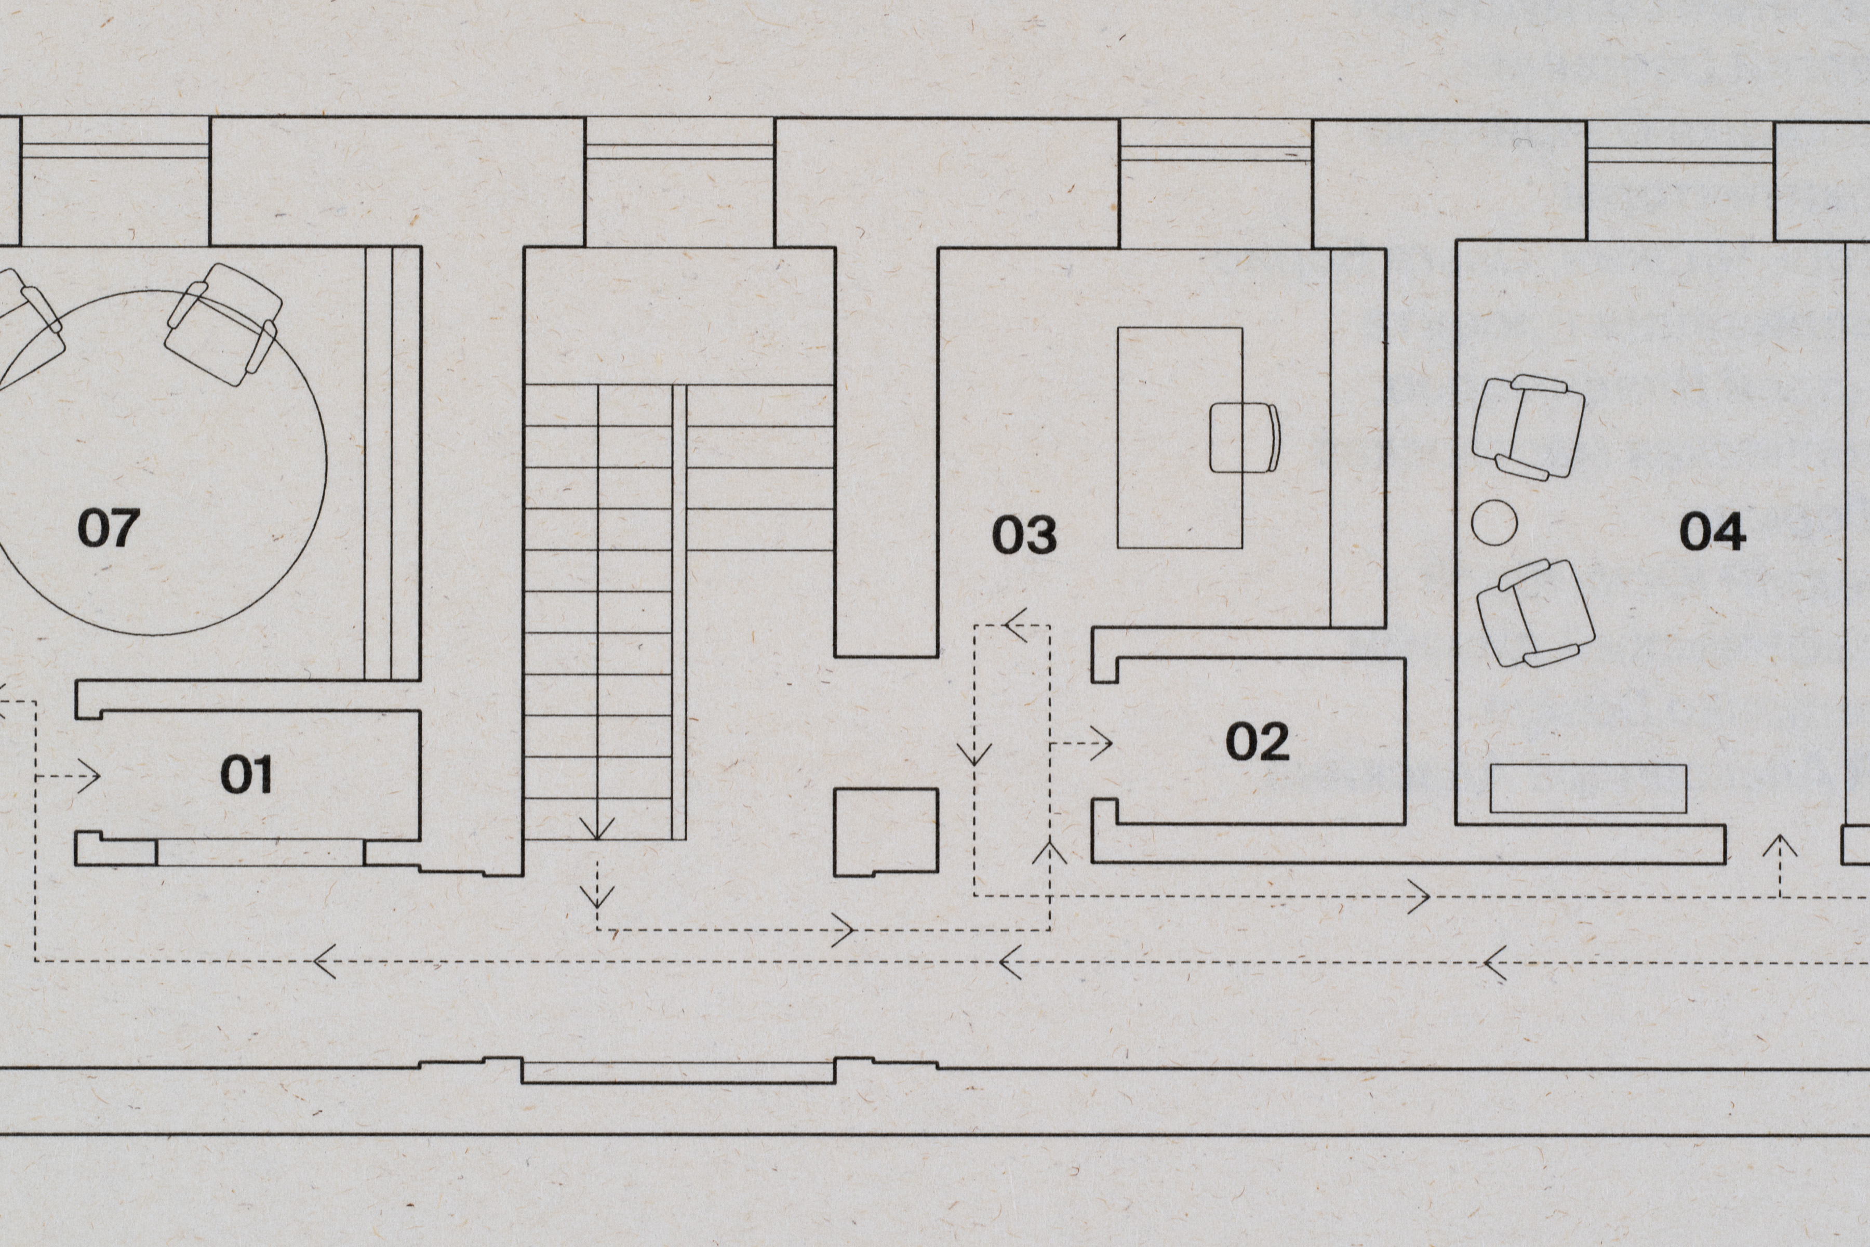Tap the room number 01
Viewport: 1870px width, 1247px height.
(246, 775)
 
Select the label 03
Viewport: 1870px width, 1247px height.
(1024, 535)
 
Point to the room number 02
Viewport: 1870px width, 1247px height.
(1257, 741)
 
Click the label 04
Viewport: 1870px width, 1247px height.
(1712, 531)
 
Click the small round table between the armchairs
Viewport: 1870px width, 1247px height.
(1494, 523)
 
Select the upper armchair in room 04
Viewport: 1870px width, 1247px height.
(1527, 427)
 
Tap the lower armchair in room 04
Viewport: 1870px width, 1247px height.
(1534, 613)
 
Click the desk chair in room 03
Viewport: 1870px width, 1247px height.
(1244, 437)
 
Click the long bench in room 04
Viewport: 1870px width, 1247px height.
(1588, 789)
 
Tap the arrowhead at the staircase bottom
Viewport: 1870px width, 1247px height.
(597, 829)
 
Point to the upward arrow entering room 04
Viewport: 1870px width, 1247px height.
(1780, 846)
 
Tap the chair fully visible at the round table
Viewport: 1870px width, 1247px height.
(223, 324)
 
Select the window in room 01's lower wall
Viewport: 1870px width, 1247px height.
(260, 853)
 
